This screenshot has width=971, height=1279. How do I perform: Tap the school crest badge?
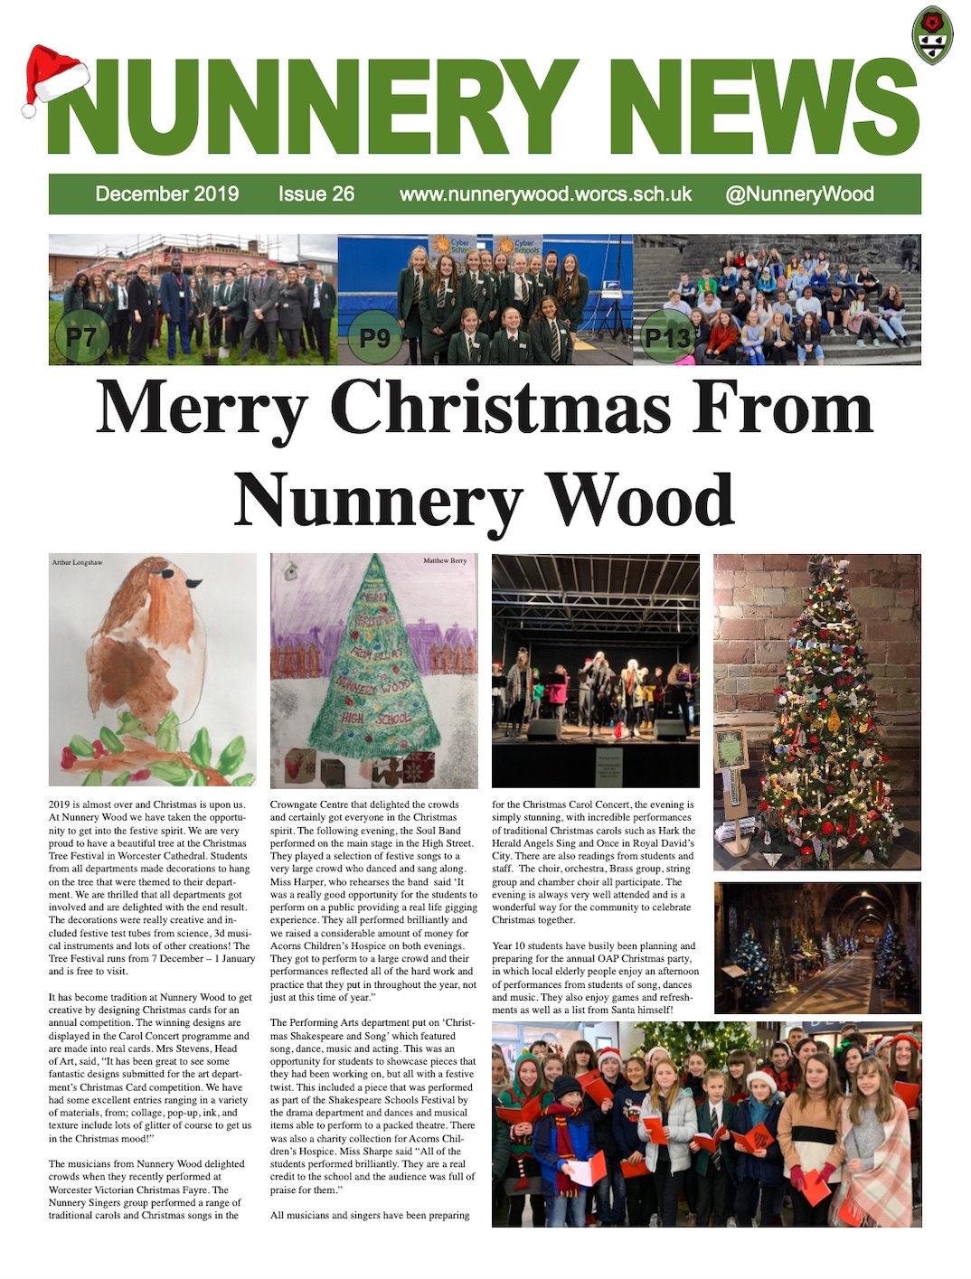pyautogui.click(x=932, y=35)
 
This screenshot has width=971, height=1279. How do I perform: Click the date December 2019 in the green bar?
pyautogui.click(x=167, y=193)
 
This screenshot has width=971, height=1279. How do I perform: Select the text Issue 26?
pyautogui.click(x=316, y=193)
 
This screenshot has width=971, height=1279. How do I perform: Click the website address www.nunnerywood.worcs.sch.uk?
pyautogui.click(x=545, y=193)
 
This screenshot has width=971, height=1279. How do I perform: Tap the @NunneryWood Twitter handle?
pyautogui.click(x=799, y=193)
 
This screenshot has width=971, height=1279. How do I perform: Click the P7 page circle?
pyautogui.click(x=81, y=337)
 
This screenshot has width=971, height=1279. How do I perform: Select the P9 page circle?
pyautogui.click(x=374, y=337)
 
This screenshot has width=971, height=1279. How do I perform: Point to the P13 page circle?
pyautogui.click(x=667, y=337)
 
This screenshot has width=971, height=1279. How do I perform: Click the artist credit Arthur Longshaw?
pyautogui.click(x=77, y=562)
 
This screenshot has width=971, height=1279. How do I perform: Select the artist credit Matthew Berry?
pyautogui.click(x=445, y=561)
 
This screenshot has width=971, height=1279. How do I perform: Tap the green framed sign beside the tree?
pyautogui.click(x=731, y=749)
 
